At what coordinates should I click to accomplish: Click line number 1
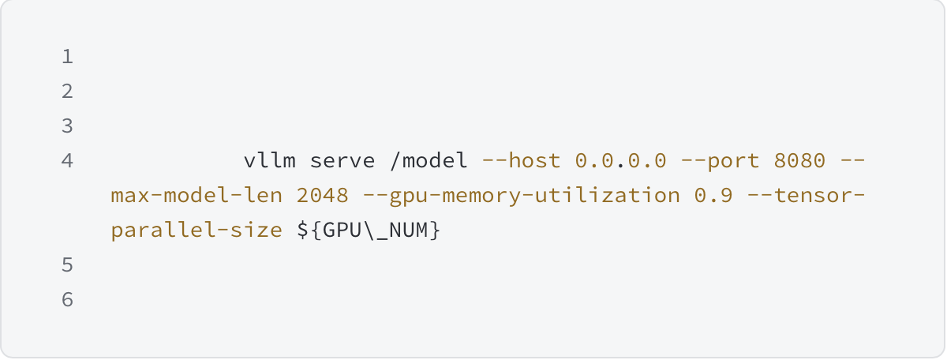click(67, 57)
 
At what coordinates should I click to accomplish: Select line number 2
click(67, 92)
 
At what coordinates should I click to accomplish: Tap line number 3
click(67, 126)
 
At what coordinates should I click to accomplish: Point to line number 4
click(67, 161)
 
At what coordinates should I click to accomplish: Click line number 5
click(67, 265)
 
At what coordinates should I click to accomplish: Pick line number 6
click(67, 300)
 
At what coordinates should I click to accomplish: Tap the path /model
click(429, 161)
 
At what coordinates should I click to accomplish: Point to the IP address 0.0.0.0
click(620, 161)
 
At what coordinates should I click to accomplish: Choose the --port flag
click(720, 161)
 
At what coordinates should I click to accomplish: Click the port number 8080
click(799, 161)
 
